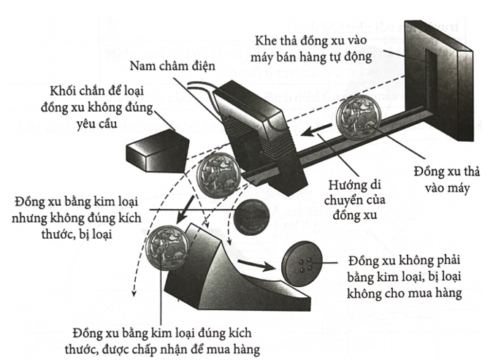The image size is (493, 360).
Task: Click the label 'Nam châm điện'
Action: tap(172, 66)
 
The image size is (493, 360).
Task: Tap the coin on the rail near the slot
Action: tap(362, 117)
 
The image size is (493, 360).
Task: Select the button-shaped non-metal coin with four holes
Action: tap(302, 264)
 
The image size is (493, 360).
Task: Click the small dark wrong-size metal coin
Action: tap(251, 218)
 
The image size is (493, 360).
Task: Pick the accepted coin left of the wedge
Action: tap(167, 248)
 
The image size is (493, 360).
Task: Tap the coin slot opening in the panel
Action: tap(429, 80)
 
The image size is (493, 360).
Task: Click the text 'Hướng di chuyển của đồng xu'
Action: tap(355, 200)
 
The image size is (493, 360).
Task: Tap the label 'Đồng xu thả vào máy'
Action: tap(447, 180)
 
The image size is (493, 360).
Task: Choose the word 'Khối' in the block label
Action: tap(62, 91)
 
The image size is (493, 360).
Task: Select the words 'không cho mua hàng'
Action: tap(405, 293)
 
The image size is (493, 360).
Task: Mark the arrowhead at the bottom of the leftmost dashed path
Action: tap(134, 293)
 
